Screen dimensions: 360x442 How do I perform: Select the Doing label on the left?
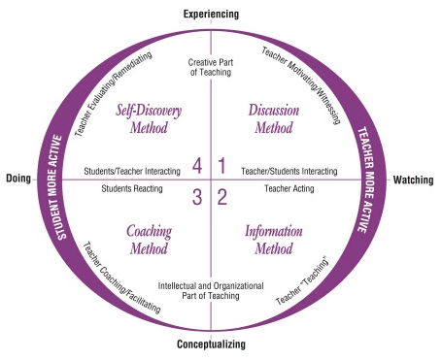(19, 179)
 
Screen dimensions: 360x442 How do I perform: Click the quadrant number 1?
(221, 166)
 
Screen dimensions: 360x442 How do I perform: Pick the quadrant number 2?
(221, 198)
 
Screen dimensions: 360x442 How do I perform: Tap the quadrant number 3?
(197, 198)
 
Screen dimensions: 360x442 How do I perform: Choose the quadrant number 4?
(197, 166)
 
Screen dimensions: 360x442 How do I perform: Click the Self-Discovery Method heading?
(151, 118)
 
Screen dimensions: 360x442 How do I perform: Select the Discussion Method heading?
(274, 118)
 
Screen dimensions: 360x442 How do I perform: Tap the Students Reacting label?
(132, 187)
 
